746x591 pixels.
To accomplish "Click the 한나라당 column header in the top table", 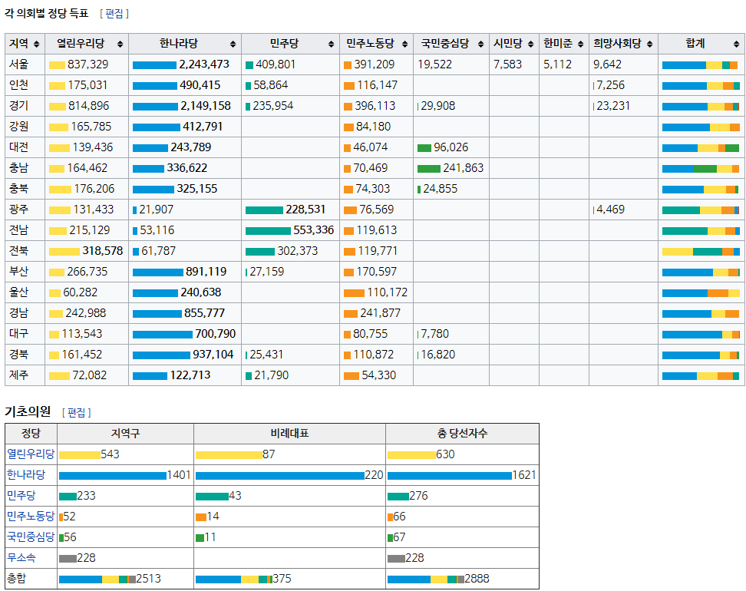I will coord(180,44).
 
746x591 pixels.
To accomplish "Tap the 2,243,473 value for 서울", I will coord(204,64).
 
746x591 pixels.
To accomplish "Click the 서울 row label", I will coord(19,64).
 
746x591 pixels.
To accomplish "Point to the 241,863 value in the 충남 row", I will coord(463,168).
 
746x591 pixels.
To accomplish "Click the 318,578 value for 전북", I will coord(103,251).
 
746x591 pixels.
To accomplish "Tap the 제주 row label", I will coord(19,375).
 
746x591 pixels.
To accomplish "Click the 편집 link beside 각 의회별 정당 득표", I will coord(114,14).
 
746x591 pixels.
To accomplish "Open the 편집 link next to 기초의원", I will coord(77,413).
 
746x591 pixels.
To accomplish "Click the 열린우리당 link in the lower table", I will coord(31,454).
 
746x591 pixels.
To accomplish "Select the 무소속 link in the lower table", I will coord(21,558).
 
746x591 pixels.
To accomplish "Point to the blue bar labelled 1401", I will coord(112,476).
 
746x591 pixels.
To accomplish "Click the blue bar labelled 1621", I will coord(449,476).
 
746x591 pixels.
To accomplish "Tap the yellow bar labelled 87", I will coord(228,455).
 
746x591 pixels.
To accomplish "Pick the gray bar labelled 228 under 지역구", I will coord(68,559).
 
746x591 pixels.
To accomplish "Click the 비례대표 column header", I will coord(289,434).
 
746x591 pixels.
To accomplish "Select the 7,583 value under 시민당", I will coord(507,64).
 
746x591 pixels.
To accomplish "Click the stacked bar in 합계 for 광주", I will coord(700,210).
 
